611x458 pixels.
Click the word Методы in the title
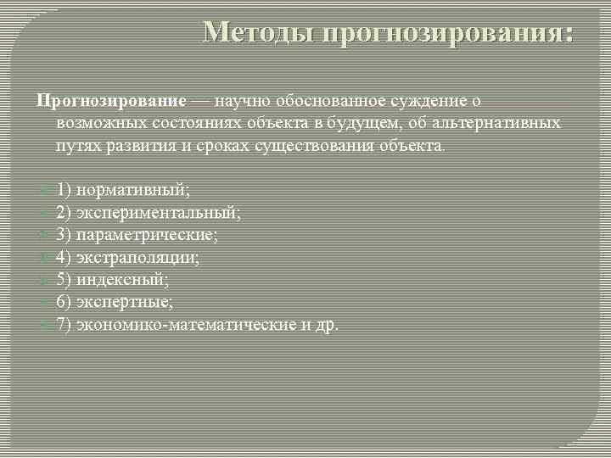tap(258, 33)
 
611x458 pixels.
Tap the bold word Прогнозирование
tap(110, 101)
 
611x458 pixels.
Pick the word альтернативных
tap(496, 123)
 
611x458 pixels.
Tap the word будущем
tap(363, 123)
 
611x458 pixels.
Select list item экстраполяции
tap(138, 257)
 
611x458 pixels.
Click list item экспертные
tap(125, 302)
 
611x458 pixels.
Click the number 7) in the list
tap(64, 324)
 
